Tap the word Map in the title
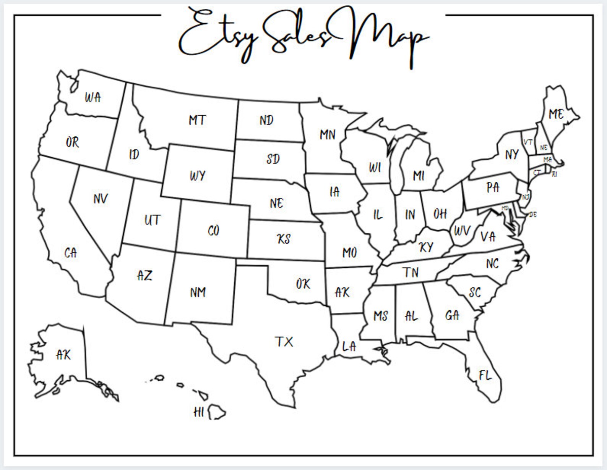(386, 38)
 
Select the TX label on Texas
(284, 341)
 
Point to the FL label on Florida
(485, 376)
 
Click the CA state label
(70, 253)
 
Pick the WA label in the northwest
(93, 97)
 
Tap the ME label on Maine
(556, 114)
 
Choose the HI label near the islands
(199, 412)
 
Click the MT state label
(197, 120)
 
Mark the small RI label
(554, 174)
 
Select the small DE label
(533, 215)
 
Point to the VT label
(528, 142)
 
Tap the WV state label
(462, 231)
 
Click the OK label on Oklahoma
(303, 284)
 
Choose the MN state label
(328, 134)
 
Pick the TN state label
(411, 272)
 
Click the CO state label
(213, 231)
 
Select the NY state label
(511, 155)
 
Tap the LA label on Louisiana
(349, 347)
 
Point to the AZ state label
(144, 275)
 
